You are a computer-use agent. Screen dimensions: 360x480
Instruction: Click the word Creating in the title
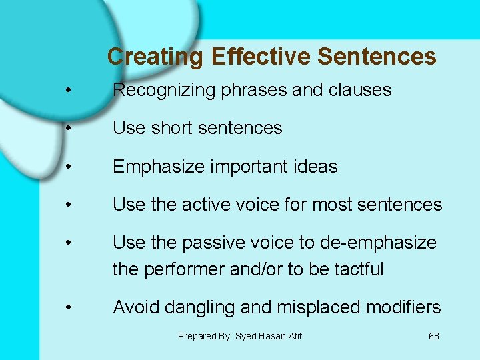[155, 57]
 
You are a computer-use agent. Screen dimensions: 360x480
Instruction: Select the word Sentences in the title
[377, 57]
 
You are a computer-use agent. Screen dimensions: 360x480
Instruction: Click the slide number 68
[433, 336]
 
